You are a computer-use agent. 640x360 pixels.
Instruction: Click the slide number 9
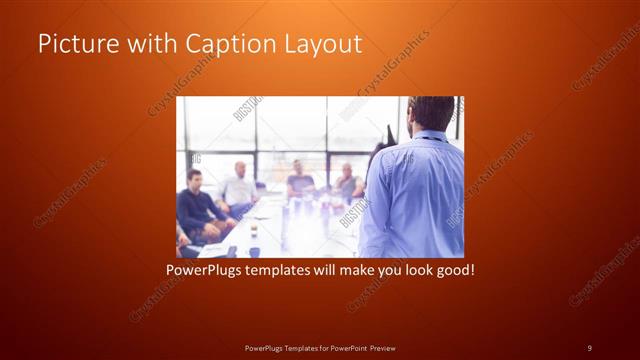[589, 347]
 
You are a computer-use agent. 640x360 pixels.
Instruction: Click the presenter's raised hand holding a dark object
[390, 135]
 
